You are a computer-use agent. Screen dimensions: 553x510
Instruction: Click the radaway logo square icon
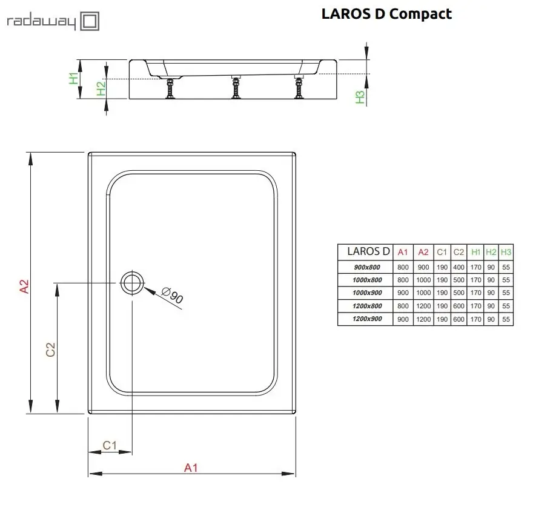tap(90, 21)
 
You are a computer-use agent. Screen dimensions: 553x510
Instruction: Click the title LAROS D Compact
tap(386, 14)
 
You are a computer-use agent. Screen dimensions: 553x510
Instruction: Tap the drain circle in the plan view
tap(132, 283)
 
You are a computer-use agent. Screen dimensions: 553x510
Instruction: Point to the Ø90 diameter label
tap(173, 295)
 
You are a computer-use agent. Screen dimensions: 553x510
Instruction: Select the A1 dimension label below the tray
tap(191, 468)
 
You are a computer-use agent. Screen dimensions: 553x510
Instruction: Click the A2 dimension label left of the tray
tap(24, 286)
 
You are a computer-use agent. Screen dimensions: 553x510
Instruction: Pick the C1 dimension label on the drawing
tap(110, 445)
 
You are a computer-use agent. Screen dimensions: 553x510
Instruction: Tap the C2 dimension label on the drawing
tap(51, 349)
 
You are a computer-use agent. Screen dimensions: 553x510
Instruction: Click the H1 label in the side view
tap(73, 78)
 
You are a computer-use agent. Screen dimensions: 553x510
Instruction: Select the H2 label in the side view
tap(101, 88)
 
